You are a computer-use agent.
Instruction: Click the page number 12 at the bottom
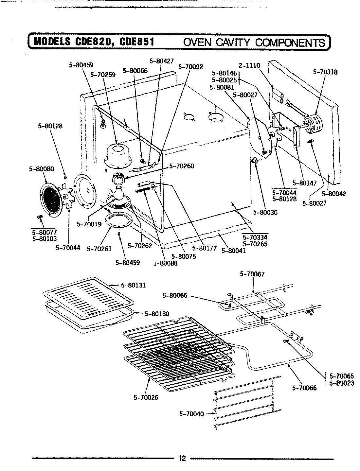click(182, 458)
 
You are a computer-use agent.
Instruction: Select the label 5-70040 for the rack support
click(191, 414)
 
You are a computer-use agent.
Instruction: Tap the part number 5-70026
click(146, 397)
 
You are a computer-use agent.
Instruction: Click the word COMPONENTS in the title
click(290, 43)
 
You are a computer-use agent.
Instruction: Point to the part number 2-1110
click(249, 65)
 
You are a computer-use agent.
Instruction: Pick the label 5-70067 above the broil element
click(252, 274)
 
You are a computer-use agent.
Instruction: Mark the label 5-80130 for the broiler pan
click(157, 314)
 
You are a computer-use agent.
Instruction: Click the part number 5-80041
click(233, 251)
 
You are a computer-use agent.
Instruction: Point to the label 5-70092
click(191, 67)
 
